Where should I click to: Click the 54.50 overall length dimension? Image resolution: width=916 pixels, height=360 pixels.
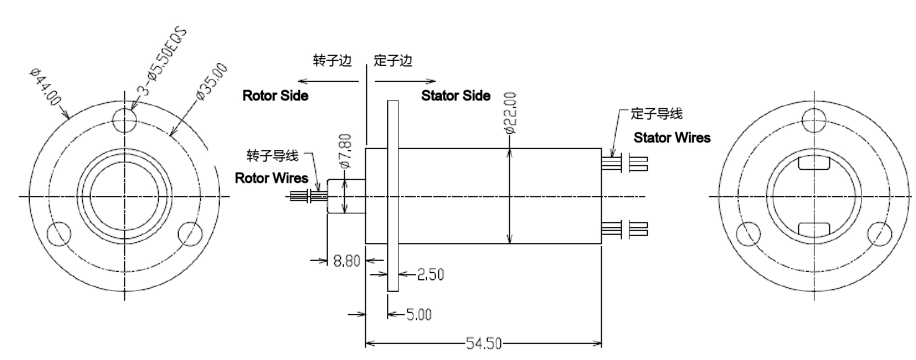pos(483,344)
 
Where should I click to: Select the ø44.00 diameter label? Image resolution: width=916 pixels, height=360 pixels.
pos(45,86)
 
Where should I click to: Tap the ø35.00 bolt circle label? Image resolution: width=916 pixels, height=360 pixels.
pos(212,81)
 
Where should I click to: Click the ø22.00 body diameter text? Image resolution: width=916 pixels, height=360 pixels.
pos(510,113)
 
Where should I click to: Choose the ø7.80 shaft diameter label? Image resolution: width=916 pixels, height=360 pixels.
pos(344,150)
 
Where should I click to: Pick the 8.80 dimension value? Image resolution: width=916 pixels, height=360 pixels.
pos(347,260)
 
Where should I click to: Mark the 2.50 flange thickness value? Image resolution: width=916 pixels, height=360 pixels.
pos(430,274)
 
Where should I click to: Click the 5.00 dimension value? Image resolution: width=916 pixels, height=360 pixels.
pos(419,315)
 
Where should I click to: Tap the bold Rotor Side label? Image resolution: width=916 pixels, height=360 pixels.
pos(275,96)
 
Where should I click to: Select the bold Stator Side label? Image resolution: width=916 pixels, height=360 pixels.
pos(456,96)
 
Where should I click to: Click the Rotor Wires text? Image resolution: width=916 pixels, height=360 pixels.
pos(271,178)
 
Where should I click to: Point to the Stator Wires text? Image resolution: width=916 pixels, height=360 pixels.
pos(672,137)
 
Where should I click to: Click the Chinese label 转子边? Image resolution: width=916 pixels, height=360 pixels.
pos(332,61)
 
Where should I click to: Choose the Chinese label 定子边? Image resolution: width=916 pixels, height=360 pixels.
pos(393,61)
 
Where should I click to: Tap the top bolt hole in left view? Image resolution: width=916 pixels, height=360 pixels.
pos(125,118)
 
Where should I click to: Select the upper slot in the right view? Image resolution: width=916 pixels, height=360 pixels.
pos(814,164)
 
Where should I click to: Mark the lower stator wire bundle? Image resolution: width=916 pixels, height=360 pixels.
pos(625,229)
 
